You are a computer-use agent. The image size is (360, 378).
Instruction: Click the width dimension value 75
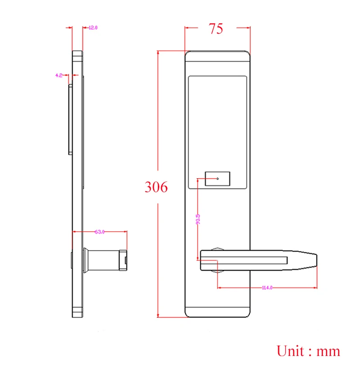(x=216, y=28)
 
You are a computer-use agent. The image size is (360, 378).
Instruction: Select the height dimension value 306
(x=156, y=186)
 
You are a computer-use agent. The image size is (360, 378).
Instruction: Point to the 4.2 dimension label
(x=59, y=76)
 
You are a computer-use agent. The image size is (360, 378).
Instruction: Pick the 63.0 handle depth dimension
(x=99, y=232)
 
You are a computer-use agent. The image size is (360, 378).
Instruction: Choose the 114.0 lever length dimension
(x=267, y=288)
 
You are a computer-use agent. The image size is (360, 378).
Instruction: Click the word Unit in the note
(x=291, y=351)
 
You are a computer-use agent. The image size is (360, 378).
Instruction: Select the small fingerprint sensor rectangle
(x=218, y=179)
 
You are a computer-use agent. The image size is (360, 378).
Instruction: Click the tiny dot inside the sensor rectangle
(x=218, y=179)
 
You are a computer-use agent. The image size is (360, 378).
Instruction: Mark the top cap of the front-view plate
(x=217, y=56)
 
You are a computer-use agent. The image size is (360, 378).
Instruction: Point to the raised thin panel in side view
(x=70, y=119)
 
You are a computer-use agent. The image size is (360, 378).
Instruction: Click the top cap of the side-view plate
(x=77, y=55)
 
